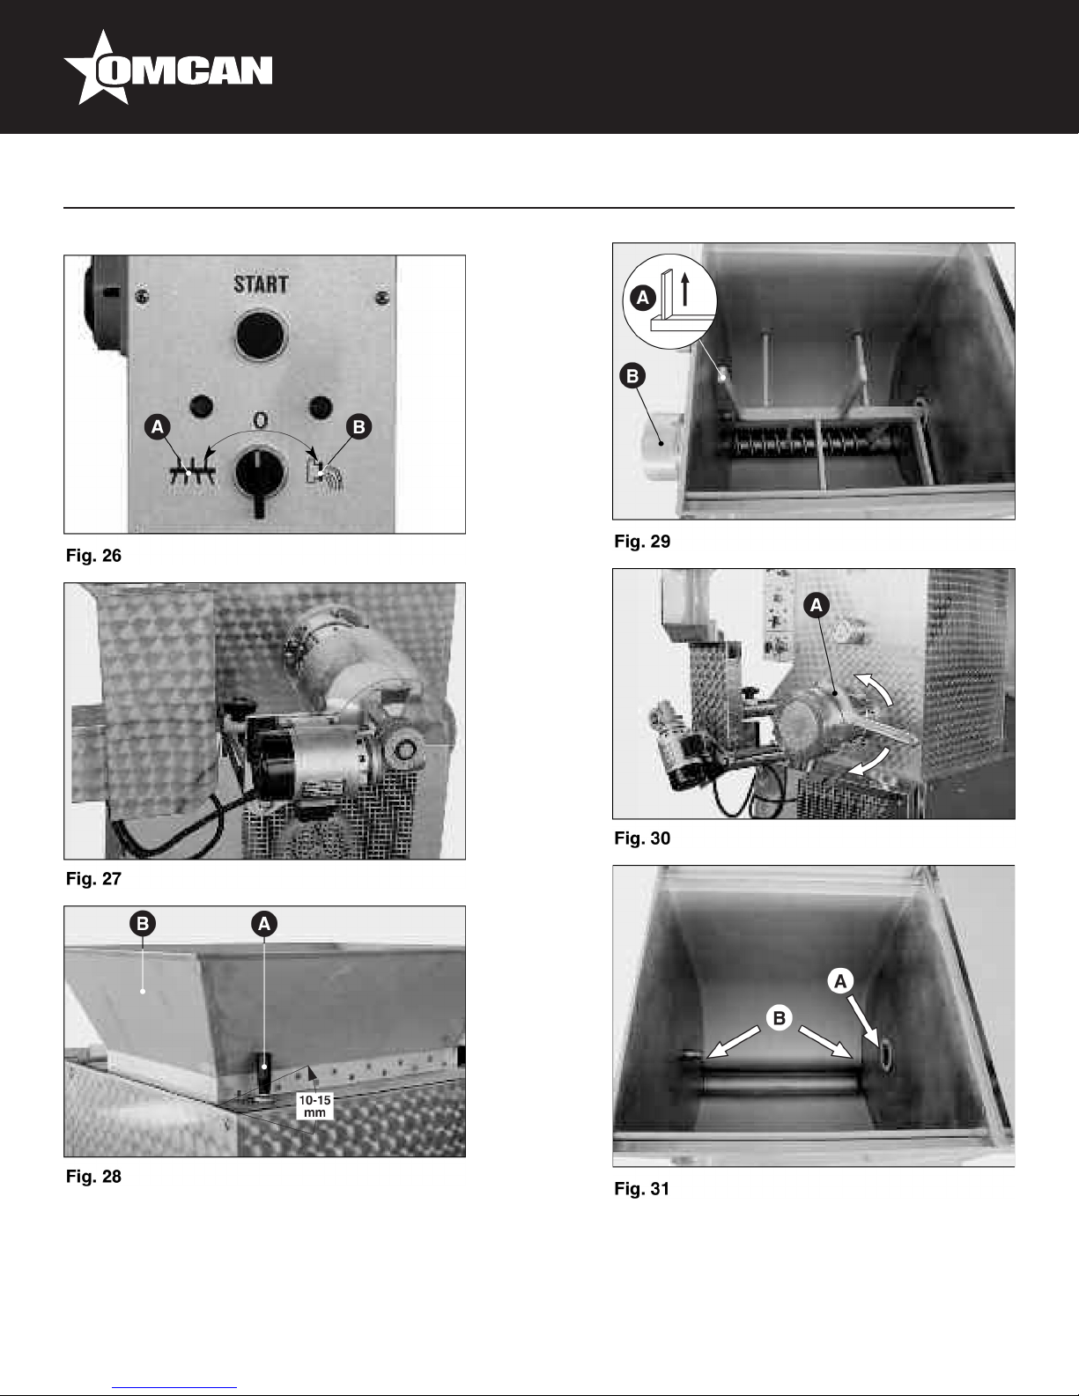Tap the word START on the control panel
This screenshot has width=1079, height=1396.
tap(261, 284)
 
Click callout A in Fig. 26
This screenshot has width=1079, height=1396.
tap(158, 426)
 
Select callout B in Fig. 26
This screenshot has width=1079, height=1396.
tap(358, 426)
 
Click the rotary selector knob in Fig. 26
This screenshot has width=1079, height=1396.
tap(259, 476)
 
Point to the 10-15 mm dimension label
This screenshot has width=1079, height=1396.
tap(314, 1105)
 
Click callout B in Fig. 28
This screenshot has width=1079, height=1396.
tap(143, 923)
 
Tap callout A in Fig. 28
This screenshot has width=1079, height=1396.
tap(264, 924)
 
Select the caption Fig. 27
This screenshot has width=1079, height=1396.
tap(93, 879)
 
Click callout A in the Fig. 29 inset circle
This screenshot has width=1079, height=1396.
tap(642, 298)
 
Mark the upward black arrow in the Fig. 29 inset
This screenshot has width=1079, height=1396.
tap(685, 288)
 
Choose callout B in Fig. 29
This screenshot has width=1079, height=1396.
tap(632, 376)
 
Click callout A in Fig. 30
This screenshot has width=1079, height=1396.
tap(817, 605)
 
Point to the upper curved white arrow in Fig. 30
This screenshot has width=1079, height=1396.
tap(874, 687)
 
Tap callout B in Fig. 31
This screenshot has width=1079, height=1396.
tap(779, 1017)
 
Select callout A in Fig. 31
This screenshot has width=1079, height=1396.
tap(840, 982)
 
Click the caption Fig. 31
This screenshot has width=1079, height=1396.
tap(642, 1189)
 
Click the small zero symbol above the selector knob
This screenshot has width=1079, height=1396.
tap(260, 420)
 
